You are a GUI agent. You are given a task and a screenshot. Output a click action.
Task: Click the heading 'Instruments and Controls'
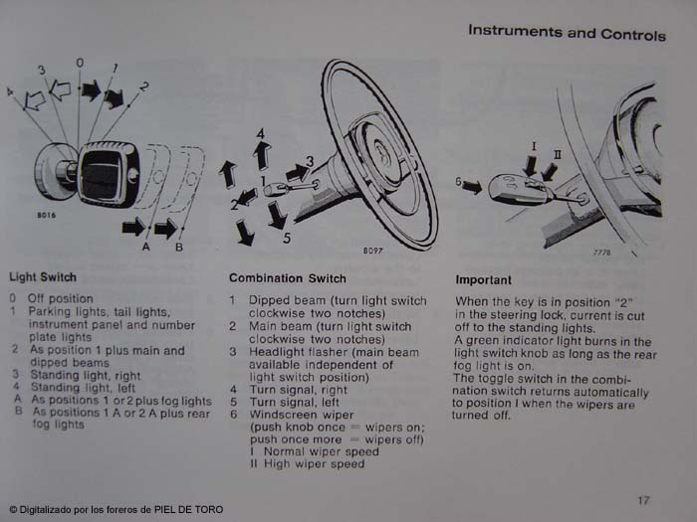point(567,33)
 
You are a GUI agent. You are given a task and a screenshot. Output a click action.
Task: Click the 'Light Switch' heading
point(43,277)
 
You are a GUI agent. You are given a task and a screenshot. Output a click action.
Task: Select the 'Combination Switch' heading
point(288,278)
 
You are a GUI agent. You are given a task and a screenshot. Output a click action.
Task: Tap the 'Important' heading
point(483,280)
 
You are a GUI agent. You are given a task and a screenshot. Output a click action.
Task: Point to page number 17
point(643,501)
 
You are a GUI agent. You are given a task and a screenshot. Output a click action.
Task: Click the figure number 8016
point(46,216)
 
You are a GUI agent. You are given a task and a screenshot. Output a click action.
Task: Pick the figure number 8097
point(372,251)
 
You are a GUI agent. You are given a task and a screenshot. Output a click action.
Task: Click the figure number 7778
point(601,253)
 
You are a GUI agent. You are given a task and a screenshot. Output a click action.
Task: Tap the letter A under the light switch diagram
point(145,247)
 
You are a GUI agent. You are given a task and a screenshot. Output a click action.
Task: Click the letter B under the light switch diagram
point(179,247)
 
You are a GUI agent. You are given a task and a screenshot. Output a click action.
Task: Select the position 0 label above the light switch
point(80,63)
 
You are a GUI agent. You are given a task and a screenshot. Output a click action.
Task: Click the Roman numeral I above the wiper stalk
point(534,146)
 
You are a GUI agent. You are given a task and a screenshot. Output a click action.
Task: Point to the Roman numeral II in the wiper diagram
point(557,154)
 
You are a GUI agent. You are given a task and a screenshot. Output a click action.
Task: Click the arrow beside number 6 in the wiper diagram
point(472,187)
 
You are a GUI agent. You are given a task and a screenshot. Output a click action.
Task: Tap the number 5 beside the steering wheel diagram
point(287,238)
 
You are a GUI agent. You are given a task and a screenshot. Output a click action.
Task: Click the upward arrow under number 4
point(262,156)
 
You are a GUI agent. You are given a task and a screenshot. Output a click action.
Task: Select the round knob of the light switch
point(53,167)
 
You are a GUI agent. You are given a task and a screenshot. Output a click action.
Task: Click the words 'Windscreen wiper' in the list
point(302,415)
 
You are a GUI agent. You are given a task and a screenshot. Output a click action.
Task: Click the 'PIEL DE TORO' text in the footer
point(188,509)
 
